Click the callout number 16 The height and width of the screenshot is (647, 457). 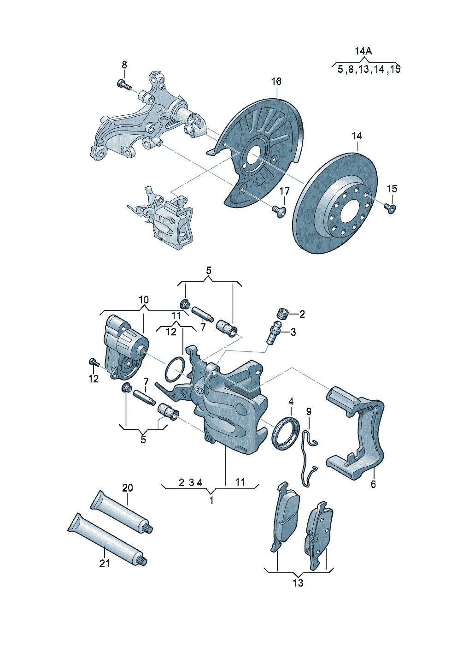(x=276, y=82)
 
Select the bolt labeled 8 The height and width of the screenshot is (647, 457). (x=123, y=84)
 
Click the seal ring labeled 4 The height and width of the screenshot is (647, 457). (x=286, y=433)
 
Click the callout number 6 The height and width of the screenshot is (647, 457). (x=373, y=484)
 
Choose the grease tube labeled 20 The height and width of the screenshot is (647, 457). (x=121, y=512)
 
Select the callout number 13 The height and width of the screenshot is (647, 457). (x=298, y=583)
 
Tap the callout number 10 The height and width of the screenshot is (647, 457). (x=144, y=300)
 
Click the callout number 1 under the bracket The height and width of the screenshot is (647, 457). (x=211, y=500)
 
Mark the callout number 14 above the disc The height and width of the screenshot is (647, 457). (x=357, y=136)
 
